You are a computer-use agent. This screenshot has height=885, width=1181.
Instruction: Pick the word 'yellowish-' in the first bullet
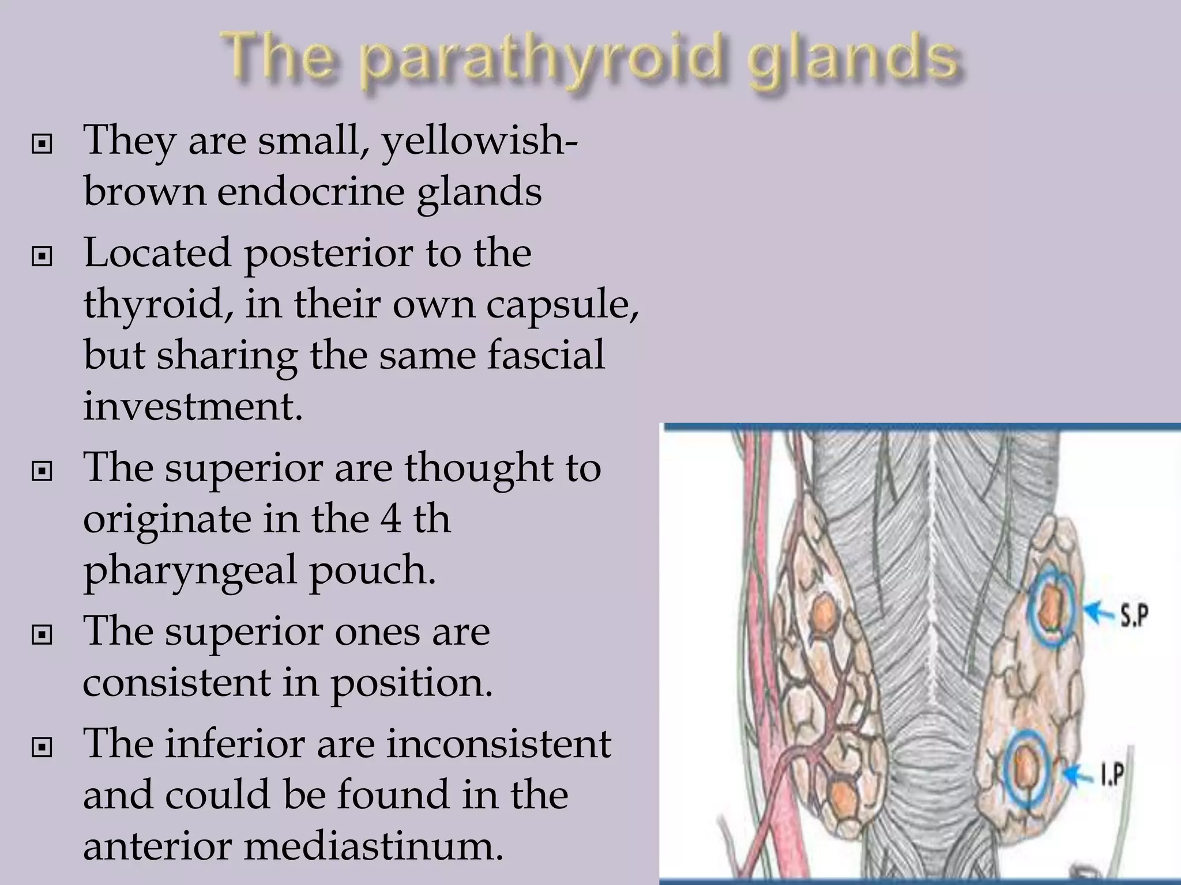[x=480, y=141]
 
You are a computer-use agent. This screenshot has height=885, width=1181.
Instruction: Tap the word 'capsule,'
[x=562, y=304]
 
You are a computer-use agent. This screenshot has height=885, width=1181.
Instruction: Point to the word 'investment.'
[x=193, y=406]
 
